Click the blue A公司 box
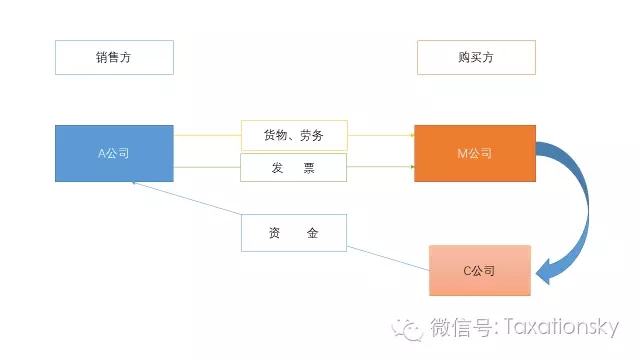point(114,153)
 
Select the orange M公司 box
point(474,153)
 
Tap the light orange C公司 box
point(479,270)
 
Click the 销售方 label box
point(114,57)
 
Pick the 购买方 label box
point(476,57)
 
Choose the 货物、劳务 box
point(293,134)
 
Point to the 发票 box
point(293,168)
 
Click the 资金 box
point(293,232)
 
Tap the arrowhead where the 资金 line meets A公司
point(134,184)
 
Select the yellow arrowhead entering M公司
point(411,134)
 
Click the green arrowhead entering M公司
point(411,168)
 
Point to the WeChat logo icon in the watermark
point(408,328)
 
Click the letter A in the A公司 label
point(101,154)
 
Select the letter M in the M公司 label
point(460,154)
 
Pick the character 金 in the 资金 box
point(312,232)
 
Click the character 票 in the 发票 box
point(309,168)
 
